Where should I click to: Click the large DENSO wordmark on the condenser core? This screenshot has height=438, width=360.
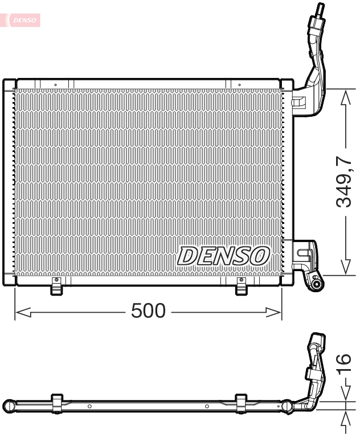[x=223, y=256]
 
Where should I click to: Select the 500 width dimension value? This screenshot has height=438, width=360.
[x=148, y=311]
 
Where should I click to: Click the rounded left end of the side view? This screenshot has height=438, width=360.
[x=9, y=406]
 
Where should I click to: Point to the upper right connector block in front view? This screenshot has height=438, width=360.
[x=299, y=103]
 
